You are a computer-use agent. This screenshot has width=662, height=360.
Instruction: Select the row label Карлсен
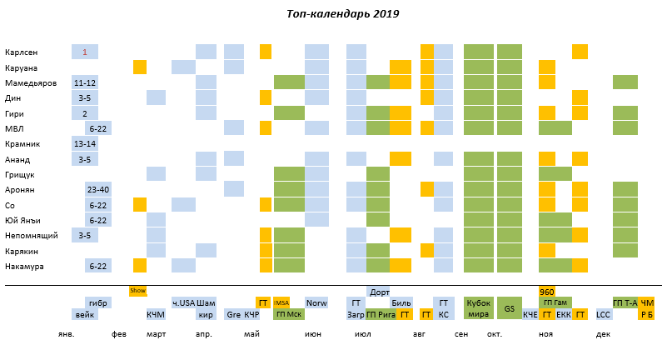pos(21,52)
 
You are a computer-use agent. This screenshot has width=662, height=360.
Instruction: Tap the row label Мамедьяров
pos(31,82)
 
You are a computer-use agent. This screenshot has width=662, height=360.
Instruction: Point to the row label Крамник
pos(22,144)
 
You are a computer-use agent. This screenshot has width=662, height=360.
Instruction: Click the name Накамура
pos(24,266)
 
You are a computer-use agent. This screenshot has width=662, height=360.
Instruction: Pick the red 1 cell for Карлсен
pos(85,52)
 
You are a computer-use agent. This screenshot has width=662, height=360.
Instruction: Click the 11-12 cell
pos(85,82)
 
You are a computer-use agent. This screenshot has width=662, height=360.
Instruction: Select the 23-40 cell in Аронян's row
pos(98,189)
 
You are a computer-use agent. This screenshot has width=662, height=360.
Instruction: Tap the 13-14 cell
pos(85,144)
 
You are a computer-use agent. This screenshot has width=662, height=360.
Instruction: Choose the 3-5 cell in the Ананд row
pos(85,159)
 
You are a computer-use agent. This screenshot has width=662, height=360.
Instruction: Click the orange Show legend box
pos(138,291)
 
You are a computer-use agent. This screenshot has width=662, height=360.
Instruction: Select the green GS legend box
pos(509,308)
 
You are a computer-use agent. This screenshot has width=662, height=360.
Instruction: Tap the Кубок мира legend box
pos(478,308)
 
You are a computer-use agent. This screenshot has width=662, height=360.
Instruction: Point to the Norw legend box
pos(316,302)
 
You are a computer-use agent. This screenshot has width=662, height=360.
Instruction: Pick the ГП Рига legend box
pos(380,315)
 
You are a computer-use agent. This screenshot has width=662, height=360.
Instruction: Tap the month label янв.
pos(67,333)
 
